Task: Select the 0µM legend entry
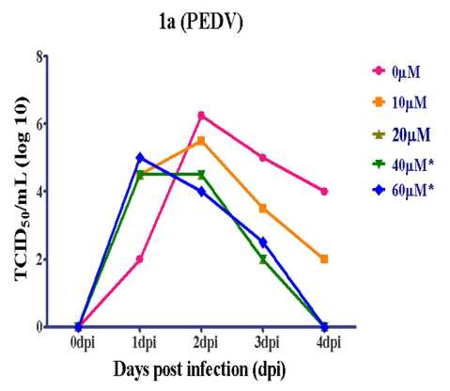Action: (396, 71)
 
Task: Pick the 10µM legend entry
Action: (399, 102)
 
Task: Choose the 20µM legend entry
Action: (401, 135)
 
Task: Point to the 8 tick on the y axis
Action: (39, 56)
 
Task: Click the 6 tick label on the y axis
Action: (39, 124)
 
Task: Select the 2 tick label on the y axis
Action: (39, 259)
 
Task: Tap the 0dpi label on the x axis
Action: (83, 342)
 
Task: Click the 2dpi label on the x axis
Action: (205, 342)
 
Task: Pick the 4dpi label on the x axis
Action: (328, 342)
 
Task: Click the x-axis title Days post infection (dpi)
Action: (199, 369)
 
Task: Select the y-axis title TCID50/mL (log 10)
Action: (22, 189)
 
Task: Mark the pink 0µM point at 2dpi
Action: (201, 116)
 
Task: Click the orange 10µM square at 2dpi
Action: (201, 140)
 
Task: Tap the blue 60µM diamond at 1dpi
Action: (140, 157)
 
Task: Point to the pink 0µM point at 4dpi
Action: (324, 192)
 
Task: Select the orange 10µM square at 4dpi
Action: (324, 259)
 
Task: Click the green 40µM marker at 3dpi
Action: (263, 259)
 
